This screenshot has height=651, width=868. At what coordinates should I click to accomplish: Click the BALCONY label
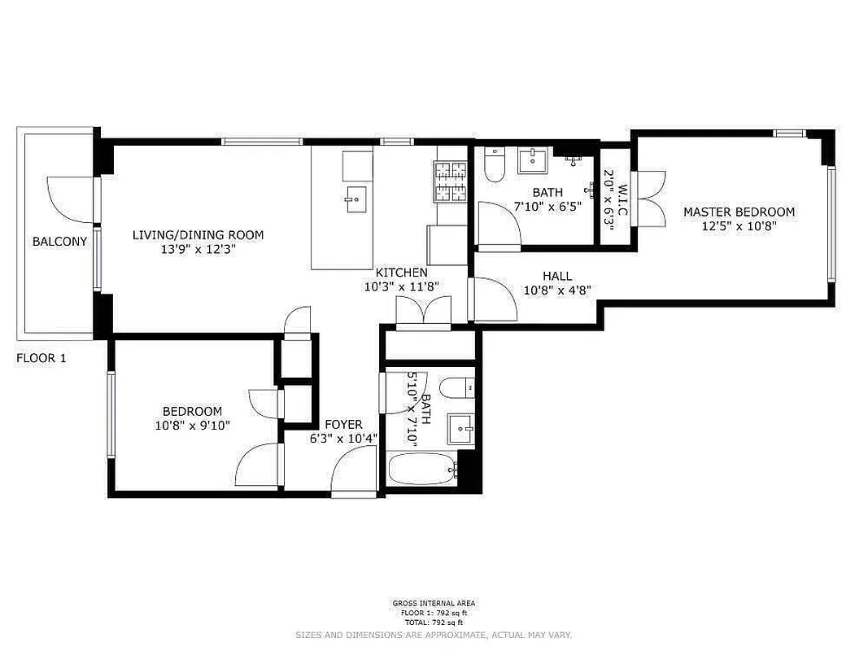(x=59, y=242)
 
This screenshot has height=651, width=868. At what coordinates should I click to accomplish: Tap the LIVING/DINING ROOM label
(x=198, y=235)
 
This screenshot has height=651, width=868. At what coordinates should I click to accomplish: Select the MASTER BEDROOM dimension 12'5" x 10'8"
(x=739, y=227)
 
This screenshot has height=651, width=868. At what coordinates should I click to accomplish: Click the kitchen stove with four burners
(x=451, y=181)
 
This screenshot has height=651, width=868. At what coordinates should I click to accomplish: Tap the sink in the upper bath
(x=534, y=160)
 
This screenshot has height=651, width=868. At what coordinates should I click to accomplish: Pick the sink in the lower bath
(x=461, y=427)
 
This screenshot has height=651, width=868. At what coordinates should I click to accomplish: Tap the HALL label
(x=557, y=276)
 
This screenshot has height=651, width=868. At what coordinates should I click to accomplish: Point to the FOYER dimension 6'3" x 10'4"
(x=343, y=439)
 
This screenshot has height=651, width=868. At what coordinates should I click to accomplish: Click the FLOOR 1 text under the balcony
(x=41, y=357)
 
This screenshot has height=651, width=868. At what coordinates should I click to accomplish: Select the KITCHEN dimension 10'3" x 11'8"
(x=402, y=286)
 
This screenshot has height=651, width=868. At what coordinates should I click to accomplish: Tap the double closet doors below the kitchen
(x=423, y=312)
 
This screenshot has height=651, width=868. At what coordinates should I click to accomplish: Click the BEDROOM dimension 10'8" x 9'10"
(x=192, y=425)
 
